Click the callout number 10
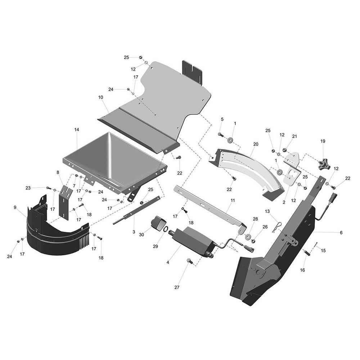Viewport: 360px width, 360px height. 100,97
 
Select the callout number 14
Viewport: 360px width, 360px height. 77,130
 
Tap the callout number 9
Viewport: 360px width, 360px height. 15,207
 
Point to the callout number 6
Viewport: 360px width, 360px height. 341,233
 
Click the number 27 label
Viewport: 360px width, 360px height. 177,287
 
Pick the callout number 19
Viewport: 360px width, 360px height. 323,141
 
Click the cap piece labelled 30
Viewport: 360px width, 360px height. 157,222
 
